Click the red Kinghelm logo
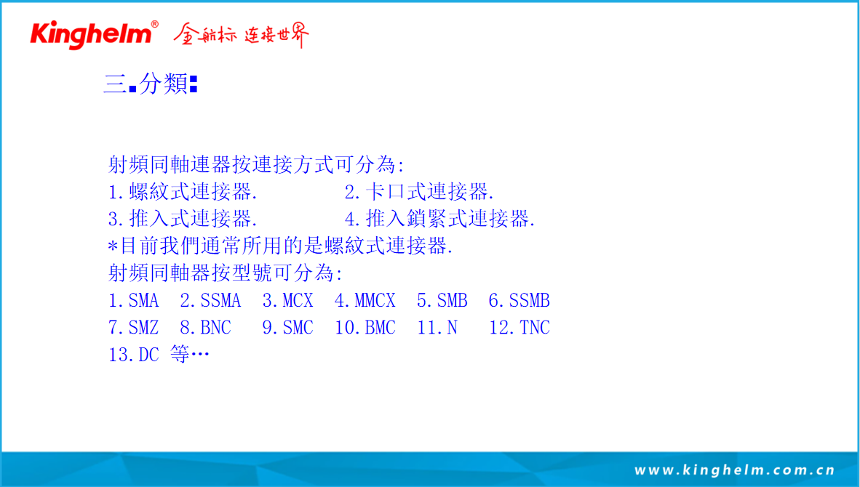coord(91,34)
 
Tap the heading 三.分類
coord(151,84)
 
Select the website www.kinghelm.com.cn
coord(734,470)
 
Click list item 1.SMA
coord(133,300)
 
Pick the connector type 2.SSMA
coord(210,300)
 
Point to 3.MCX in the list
coord(287,300)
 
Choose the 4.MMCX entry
coord(365,300)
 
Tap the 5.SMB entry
coord(442,300)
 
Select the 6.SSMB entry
coord(519,300)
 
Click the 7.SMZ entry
coord(133,328)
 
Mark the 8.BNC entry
coord(206,328)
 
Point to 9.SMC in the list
coord(287,328)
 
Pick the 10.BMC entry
coord(365,328)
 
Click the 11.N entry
coord(437,328)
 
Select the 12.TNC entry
coord(519,328)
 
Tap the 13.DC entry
coord(133,355)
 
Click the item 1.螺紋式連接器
coord(183,192)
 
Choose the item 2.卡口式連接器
coord(420,192)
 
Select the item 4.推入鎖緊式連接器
coord(440,219)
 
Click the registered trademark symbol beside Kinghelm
coord(155,24)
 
